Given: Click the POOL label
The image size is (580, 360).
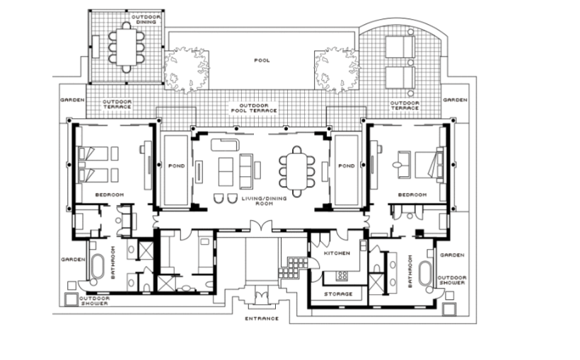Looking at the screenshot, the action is [262, 60].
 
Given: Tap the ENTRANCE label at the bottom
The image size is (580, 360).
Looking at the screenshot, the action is [262, 318].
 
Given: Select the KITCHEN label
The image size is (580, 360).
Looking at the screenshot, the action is [337, 253].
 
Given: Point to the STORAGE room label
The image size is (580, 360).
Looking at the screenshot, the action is [338, 294].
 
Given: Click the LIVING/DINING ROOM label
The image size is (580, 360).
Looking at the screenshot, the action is [264, 201].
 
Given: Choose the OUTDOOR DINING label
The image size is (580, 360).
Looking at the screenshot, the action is [146, 20].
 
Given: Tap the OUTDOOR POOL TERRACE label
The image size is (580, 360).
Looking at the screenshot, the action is [254, 108].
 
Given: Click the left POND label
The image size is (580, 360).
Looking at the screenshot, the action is [176, 166].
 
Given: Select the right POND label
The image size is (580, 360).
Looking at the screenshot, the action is [347, 166].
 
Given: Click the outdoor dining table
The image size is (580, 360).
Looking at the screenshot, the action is [127, 47].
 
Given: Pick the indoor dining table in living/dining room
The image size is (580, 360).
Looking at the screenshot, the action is [297, 171].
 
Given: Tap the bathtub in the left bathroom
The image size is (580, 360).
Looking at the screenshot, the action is [98, 267].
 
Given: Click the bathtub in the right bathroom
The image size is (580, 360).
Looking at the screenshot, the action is [425, 274].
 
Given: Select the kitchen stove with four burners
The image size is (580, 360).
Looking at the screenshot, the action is [342, 276].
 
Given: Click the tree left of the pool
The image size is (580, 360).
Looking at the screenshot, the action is [186, 69].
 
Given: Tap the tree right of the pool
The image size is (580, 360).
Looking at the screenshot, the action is [337, 69].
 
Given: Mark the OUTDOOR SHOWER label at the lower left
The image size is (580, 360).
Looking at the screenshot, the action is [94, 301].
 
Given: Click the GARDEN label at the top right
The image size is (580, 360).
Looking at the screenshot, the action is [455, 100].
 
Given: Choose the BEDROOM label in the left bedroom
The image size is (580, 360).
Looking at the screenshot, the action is [110, 195].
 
